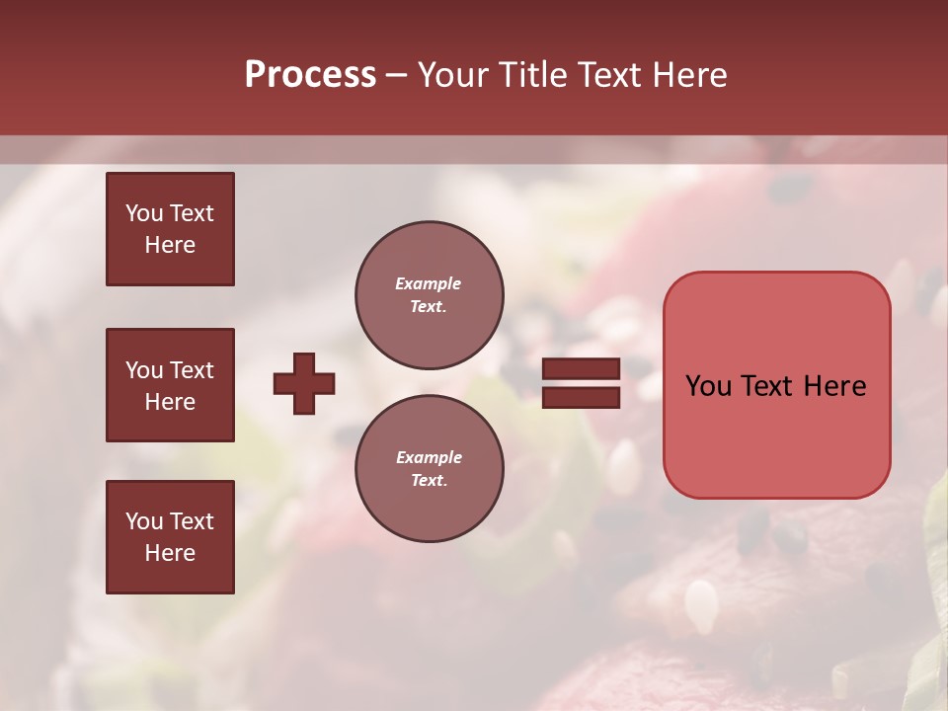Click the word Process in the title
[x=310, y=75]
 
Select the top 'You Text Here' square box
[x=170, y=229]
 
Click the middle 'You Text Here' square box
[x=170, y=385]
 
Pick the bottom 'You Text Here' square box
[x=170, y=537]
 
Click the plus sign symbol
[x=304, y=383]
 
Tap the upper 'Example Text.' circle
[x=429, y=295]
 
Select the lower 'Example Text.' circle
[x=429, y=469]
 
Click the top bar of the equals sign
[x=581, y=369]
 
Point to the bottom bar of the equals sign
[x=581, y=397]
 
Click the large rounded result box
[x=776, y=385]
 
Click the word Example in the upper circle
[x=429, y=284]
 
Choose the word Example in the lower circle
[x=429, y=458]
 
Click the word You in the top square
[x=144, y=213]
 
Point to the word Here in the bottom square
[x=170, y=553]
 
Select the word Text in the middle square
[x=191, y=370]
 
